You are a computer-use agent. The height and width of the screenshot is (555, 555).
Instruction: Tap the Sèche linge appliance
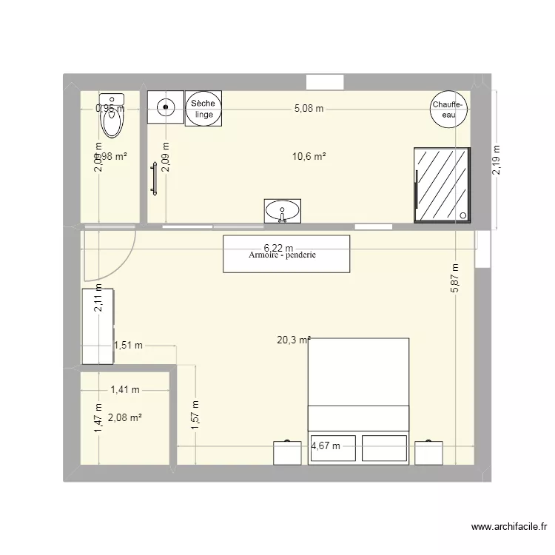203,109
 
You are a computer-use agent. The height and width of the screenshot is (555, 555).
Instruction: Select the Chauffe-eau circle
450,110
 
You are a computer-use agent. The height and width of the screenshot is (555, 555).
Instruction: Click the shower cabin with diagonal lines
442,184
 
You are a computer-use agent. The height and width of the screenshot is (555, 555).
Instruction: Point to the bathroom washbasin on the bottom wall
283,210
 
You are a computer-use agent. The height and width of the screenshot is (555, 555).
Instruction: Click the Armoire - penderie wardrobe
286,254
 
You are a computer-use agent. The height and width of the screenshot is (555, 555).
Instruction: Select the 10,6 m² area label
309,156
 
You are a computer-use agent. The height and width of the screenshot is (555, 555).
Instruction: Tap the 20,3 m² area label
293,340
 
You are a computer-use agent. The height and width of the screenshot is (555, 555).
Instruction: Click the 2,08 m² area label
124,418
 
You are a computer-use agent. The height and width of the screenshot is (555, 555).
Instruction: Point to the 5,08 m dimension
309,108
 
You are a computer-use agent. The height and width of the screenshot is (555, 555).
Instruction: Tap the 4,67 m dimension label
326,445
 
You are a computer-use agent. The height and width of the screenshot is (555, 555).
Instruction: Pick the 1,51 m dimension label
128,344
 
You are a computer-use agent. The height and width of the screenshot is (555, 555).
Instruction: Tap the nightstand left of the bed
287,452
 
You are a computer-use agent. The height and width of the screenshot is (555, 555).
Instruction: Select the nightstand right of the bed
428,452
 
